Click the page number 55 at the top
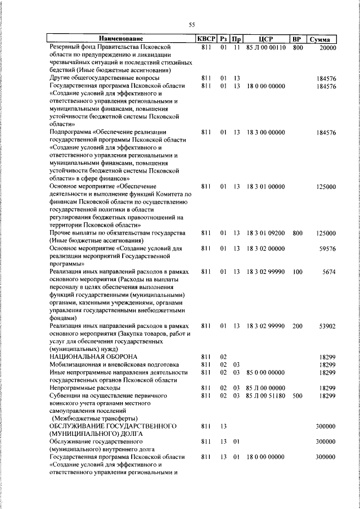[191, 25]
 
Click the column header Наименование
[121, 39]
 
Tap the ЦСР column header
[266, 39]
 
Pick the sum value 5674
[329, 272]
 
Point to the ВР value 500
[298, 396]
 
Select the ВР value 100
[298, 272]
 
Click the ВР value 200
[298, 326]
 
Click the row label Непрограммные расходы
[85, 388]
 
